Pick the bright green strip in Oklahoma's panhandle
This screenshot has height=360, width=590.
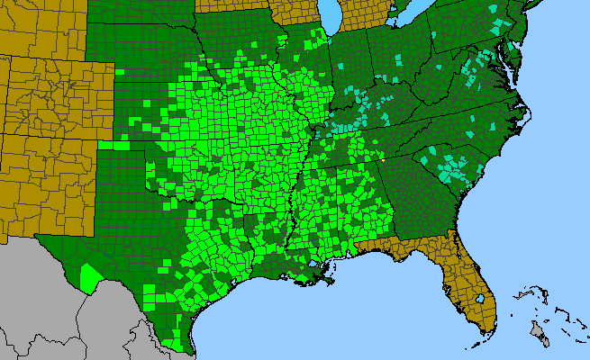(x=114, y=144)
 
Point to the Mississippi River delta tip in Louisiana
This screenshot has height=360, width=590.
(x=334, y=282)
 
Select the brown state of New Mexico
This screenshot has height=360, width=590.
(x=45, y=180)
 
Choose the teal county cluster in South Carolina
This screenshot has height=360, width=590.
(x=450, y=166)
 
